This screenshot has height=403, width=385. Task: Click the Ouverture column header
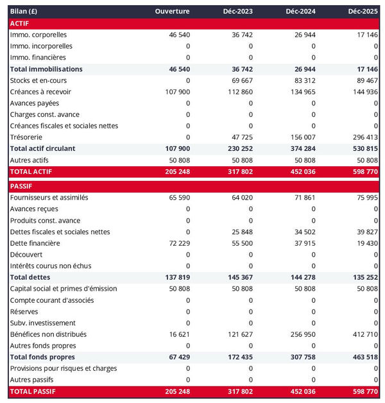coord(172,12)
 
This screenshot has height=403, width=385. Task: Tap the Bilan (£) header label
coord(24,12)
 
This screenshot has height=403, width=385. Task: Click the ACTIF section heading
coord(21,23)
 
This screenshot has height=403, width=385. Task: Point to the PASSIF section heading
coord(22,186)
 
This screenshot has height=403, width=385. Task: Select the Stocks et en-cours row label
coord(38,80)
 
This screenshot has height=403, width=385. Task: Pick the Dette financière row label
coord(35,243)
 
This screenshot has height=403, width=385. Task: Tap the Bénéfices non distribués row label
coord(49,334)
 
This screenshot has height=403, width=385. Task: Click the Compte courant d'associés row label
coord(52,300)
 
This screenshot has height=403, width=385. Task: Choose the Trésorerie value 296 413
coord(363,137)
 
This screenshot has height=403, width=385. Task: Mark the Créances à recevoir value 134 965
coord(300,92)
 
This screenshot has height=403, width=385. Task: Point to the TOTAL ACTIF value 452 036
coord(300,171)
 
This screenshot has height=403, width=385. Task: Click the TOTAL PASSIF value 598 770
coord(363,391)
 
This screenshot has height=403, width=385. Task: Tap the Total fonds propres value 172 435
coord(238,357)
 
